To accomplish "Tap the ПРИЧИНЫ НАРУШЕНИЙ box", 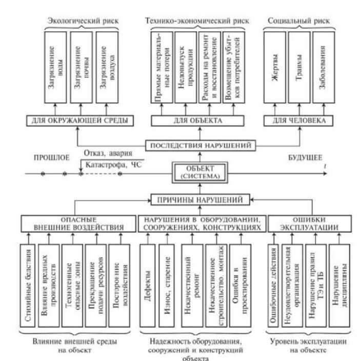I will pos(199,198).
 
